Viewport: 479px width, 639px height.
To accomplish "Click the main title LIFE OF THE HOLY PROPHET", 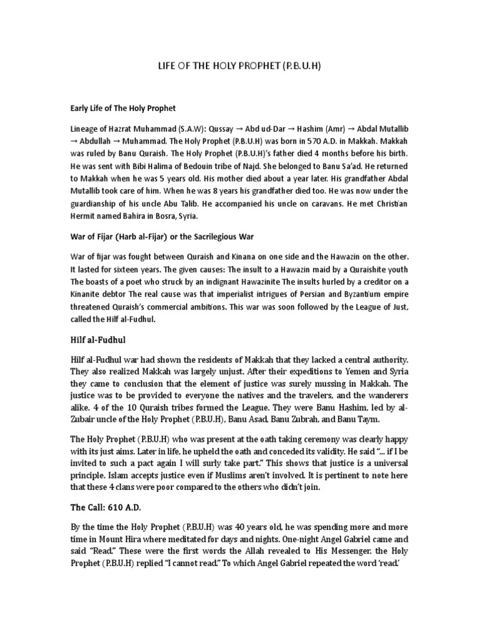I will pyautogui.click(x=239, y=65).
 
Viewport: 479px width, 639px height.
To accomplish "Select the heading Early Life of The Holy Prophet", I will pyautogui.click(x=123, y=107).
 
